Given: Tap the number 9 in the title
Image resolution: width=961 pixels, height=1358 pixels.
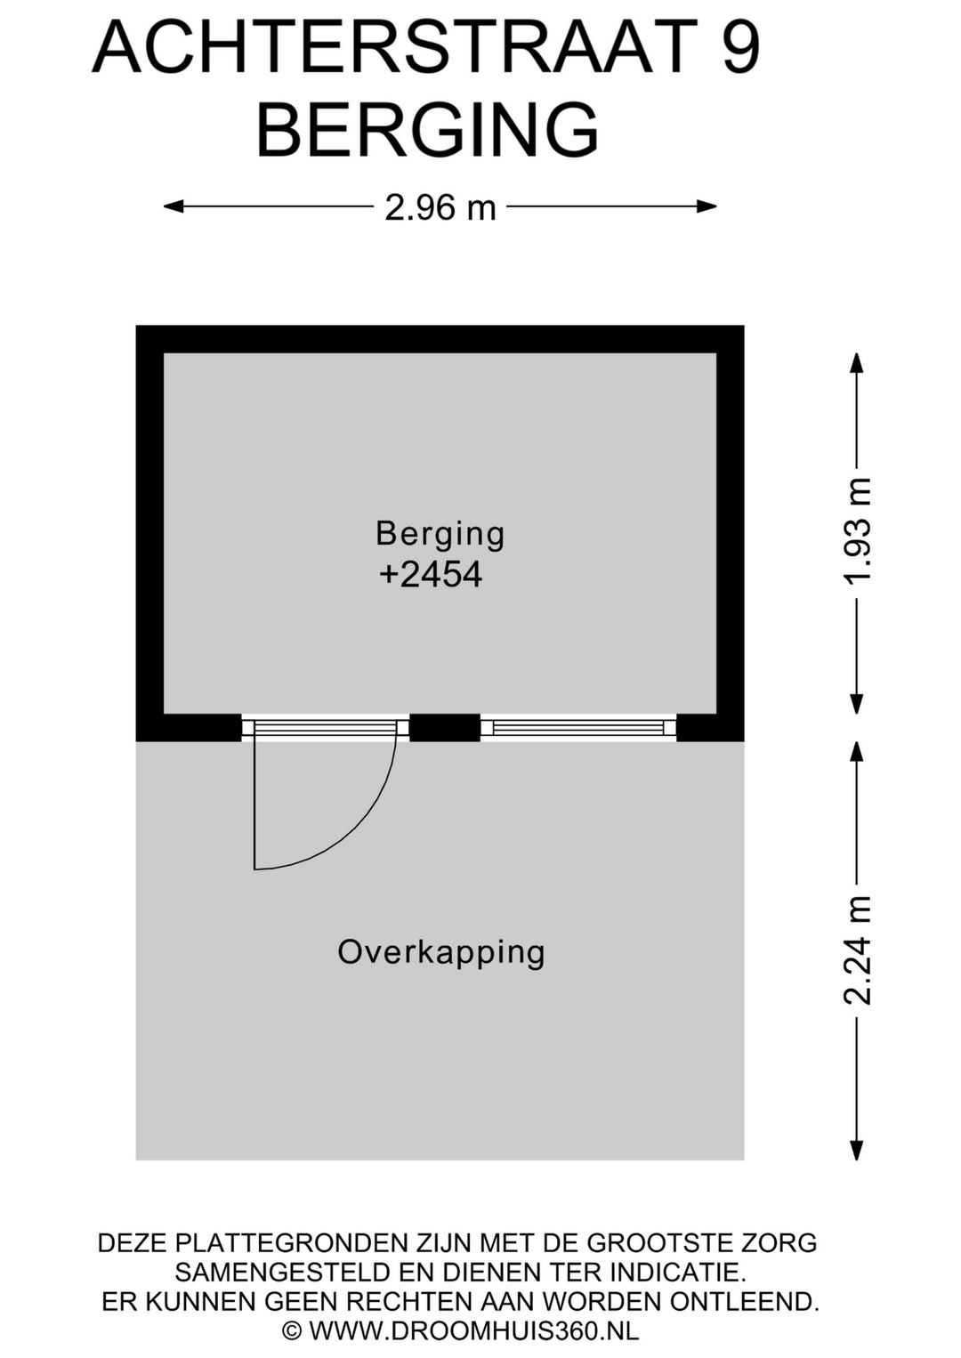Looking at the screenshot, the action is click(739, 46).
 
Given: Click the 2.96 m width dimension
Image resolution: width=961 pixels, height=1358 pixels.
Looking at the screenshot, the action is click(440, 208).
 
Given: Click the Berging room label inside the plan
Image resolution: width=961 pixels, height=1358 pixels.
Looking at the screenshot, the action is click(440, 536).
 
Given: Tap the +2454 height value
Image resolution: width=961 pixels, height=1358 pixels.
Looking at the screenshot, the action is click(431, 575).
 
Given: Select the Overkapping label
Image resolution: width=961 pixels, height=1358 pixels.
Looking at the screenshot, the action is click(440, 953).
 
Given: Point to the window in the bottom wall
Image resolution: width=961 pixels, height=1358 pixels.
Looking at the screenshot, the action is click(578, 727).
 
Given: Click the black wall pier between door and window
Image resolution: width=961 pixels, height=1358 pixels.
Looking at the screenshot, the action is click(444, 728).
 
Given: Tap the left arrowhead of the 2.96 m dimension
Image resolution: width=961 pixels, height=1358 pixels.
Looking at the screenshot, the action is click(174, 206).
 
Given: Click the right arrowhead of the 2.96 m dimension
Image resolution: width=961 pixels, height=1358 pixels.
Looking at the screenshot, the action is click(707, 206).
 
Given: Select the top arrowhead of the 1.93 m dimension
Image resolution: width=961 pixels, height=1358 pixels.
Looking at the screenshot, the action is click(856, 364).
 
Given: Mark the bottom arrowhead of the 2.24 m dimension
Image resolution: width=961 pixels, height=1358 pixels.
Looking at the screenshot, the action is click(856, 1150).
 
